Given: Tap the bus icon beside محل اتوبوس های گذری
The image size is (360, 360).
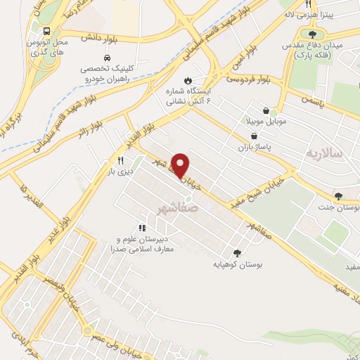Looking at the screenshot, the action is click(46, 32).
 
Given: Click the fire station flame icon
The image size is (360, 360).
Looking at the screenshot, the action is click(188, 80).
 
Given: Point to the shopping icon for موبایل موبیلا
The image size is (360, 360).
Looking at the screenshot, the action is click(265, 111).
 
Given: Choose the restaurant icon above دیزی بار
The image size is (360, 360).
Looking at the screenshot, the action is click(121, 160).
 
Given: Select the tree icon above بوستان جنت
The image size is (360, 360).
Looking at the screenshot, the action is click(339, 196).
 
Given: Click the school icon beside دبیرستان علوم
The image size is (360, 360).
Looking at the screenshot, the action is click(142, 228).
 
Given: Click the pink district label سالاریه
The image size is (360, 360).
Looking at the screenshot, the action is click(323, 153).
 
